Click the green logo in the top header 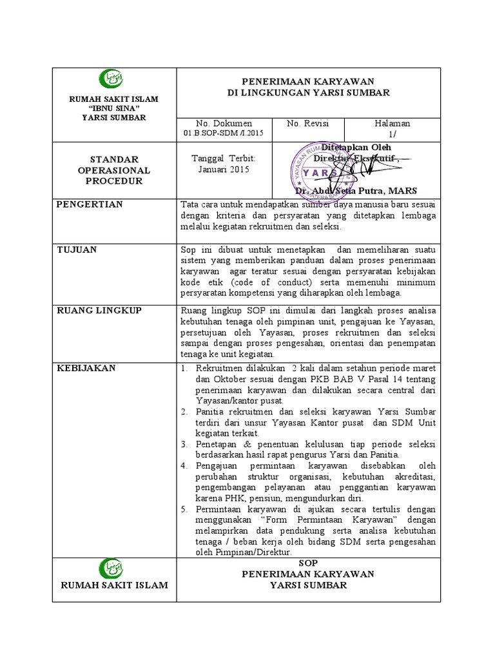[110, 79]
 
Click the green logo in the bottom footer [110, 568]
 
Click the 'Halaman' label [392, 123]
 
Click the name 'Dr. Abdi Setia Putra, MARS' [356, 191]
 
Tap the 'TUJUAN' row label [76, 249]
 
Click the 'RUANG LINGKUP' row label [99, 310]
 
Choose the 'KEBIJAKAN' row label [86, 368]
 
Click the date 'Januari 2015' [224, 170]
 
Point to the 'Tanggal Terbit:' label [224, 159]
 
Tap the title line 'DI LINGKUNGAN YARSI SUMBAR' [309, 93]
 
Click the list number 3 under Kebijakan [183, 445]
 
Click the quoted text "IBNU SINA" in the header [114, 108]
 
